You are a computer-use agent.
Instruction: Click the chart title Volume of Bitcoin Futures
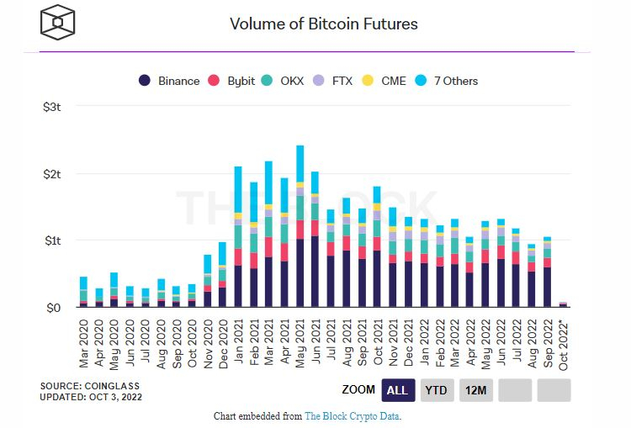point(324,24)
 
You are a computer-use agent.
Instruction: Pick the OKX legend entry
point(289,81)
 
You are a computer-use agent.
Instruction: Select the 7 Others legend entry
point(448,81)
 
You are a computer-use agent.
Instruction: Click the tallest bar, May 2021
point(300,227)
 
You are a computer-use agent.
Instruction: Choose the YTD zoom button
point(435,390)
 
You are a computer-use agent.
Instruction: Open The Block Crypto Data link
point(352,416)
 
